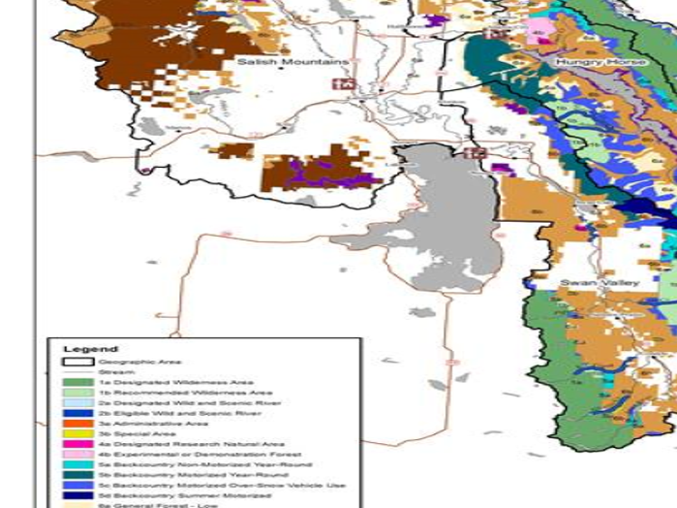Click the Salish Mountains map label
coord(292,62)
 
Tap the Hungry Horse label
coord(600,62)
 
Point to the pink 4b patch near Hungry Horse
coord(541,29)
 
